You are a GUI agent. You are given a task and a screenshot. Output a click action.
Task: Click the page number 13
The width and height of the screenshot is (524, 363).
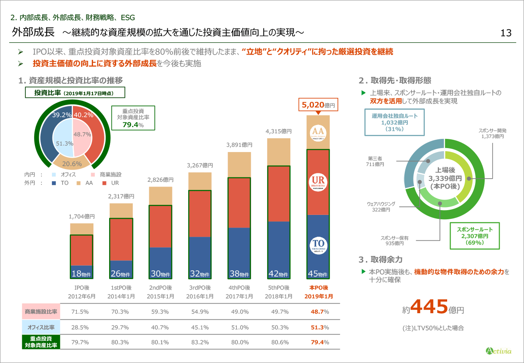[x=506, y=33]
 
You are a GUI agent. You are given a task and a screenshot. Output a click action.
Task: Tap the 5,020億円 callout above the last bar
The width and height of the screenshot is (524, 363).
[x=318, y=105]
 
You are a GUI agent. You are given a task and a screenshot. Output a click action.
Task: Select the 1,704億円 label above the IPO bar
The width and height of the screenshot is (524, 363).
[x=82, y=217]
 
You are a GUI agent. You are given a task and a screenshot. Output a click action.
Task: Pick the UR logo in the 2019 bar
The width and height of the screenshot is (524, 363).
[x=318, y=182]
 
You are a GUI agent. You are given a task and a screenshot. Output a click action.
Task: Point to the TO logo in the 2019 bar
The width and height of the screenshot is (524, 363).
[x=318, y=245]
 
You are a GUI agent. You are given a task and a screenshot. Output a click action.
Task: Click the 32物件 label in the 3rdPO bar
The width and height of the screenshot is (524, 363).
[x=200, y=274]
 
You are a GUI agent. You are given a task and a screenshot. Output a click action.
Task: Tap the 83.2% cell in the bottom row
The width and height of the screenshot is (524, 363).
[x=200, y=342]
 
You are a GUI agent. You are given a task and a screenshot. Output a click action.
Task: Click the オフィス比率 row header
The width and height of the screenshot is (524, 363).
[x=40, y=327]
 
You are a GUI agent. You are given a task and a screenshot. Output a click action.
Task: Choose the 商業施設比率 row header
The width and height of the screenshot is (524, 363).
[x=40, y=312]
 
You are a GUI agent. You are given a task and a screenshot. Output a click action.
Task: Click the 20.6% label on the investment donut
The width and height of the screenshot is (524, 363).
[x=73, y=164]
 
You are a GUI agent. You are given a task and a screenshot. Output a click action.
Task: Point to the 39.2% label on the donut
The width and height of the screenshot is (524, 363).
[x=62, y=115]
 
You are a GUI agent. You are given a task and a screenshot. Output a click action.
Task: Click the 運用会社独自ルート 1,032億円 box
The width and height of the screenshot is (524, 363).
[x=394, y=122]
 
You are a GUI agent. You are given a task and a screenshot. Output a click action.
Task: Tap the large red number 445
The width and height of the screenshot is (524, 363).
[x=430, y=307]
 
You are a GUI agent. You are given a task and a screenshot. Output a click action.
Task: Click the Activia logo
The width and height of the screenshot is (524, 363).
[x=499, y=350]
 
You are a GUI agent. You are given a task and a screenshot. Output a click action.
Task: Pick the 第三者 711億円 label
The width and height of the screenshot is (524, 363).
[x=375, y=161]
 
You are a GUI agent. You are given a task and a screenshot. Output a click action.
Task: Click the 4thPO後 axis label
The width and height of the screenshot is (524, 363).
[x=239, y=288]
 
